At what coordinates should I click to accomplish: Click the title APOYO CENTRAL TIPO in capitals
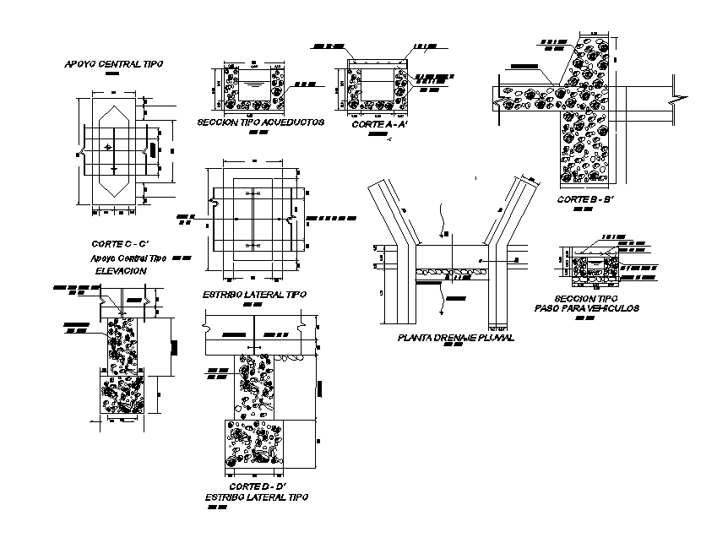(113, 64)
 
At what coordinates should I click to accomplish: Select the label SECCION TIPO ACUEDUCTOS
(260, 122)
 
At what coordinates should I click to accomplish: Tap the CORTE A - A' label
(379, 124)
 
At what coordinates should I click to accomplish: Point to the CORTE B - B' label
(584, 200)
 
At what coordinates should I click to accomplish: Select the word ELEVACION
(121, 271)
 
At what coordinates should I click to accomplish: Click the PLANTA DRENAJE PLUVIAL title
(455, 338)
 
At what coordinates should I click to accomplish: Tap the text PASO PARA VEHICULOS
(586, 308)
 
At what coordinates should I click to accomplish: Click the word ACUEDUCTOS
(292, 122)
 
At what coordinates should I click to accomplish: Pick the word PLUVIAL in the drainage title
(494, 338)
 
